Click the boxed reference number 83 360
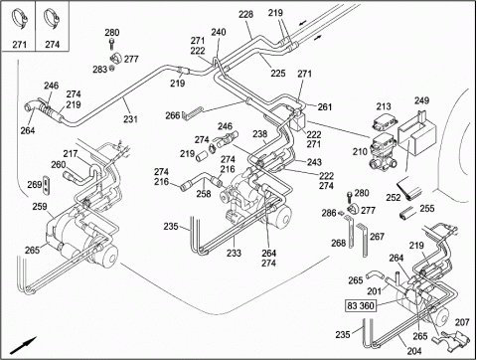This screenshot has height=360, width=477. click(361, 305)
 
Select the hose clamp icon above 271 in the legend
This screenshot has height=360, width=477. click(19, 20)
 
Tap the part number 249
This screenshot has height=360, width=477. click(421, 100)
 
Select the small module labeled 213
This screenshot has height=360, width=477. click(385, 123)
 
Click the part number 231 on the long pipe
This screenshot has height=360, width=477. click(130, 119)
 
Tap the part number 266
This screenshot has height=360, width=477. click(172, 115)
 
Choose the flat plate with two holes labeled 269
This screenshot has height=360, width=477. click(47, 185)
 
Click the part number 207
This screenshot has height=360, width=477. click(462, 322)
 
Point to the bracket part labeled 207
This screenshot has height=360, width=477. click(451, 340)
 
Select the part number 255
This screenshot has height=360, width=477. click(427, 209)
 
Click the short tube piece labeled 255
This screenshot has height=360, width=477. click(407, 213)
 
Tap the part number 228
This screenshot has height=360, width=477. click(245, 14)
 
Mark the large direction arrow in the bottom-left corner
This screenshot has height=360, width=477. click(23, 346)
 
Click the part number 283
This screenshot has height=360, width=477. click(99, 70)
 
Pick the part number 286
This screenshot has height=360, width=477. click(329, 213)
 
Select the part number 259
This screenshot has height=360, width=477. click(40, 207)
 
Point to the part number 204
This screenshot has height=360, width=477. click(414, 350)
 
